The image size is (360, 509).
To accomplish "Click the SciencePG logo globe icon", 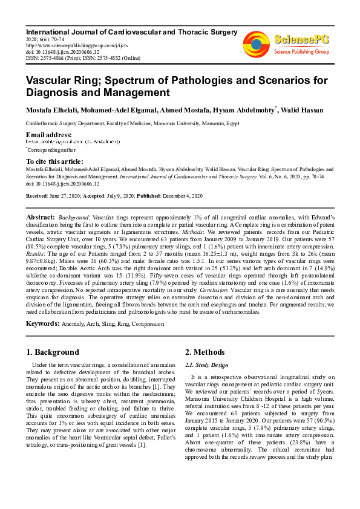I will (257, 44).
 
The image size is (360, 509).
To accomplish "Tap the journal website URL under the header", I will (59, 45).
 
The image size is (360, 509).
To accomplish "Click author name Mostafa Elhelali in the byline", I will (51, 110).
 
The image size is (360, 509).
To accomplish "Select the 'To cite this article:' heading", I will (54, 161).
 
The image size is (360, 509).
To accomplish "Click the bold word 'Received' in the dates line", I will (39, 196).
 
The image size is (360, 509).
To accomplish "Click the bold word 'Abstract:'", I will (41, 216).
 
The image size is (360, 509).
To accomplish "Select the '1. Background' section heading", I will (53, 352).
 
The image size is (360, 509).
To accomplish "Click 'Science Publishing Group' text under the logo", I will (301, 52).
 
